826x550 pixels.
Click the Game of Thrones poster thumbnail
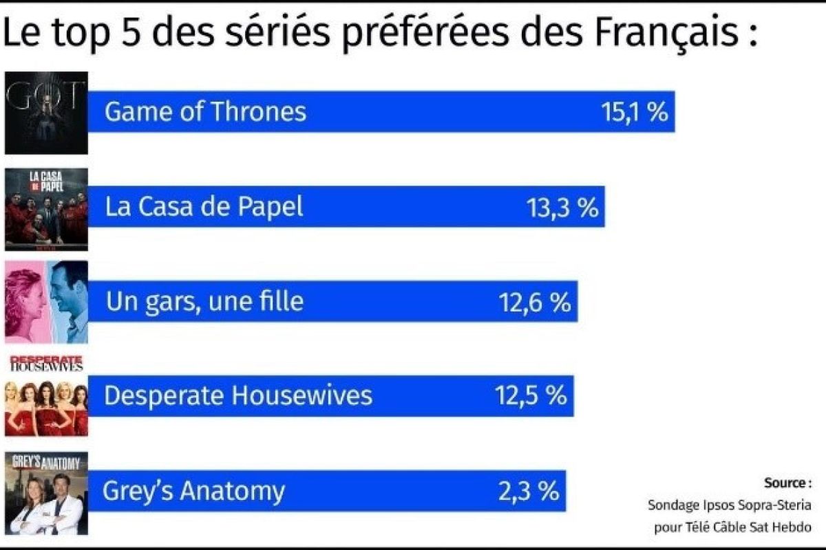[x=46, y=112]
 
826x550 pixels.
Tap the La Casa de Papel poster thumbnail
[x=46, y=209]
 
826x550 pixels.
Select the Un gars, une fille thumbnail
[x=46, y=302]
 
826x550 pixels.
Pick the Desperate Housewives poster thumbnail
[x=46, y=396]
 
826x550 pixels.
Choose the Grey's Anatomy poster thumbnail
[x=46, y=493]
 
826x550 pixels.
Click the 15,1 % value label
[x=635, y=112]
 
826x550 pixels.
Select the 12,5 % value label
[x=531, y=396]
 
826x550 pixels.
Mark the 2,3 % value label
[x=528, y=491]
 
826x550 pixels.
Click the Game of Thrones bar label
[x=205, y=112]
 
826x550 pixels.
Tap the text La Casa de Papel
[x=204, y=207]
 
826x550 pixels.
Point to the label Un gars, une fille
[x=204, y=302]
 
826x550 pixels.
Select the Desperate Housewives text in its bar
[x=238, y=396]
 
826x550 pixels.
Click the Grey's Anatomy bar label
[x=193, y=492]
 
